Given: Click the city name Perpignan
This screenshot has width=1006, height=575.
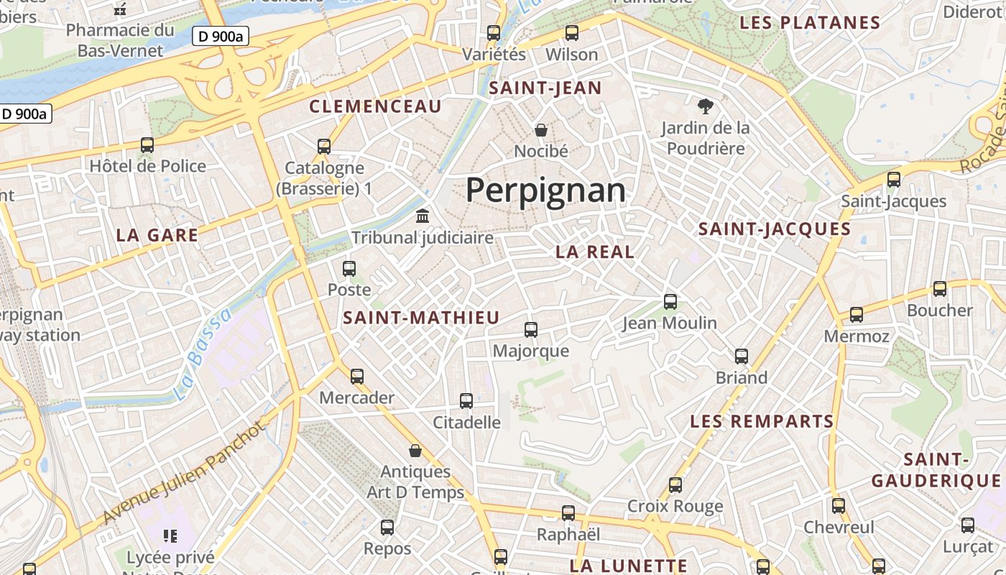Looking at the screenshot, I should [x=545, y=191].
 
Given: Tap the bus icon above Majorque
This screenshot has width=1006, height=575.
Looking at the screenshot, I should [x=531, y=330].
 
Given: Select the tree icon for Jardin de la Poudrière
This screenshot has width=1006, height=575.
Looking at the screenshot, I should [x=706, y=106].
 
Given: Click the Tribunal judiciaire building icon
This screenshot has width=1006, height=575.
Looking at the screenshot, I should [x=423, y=216].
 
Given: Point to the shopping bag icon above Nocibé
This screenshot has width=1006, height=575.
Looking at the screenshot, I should [x=541, y=130].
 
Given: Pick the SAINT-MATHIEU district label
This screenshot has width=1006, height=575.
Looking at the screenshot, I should [x=421, y=318].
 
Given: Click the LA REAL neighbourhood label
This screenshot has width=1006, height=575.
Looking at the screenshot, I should [x=595, y=252].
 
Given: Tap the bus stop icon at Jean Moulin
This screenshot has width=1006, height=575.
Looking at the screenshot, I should [x=670, y=302].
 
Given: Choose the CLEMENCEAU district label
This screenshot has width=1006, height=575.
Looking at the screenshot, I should [x=375, y=107].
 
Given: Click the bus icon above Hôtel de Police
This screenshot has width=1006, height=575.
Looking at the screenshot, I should [x=147, y=145].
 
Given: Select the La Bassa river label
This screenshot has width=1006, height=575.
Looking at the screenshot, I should [x=203, y=354].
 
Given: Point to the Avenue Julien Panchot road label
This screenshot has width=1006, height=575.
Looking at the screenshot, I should [x=183, y=472].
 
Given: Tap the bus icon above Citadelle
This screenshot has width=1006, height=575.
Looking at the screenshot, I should [x=466, y=401].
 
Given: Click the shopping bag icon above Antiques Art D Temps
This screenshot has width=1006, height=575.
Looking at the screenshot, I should [x=415, y=451].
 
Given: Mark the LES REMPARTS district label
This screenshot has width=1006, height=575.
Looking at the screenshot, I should [x=762, y=421].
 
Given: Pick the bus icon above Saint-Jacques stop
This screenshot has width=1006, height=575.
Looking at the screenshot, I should [x=894, y=180].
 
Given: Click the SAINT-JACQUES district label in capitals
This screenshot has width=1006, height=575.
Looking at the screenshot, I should [x=775, y=229].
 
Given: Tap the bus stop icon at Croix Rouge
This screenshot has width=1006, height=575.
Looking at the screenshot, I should [x=675, y=485].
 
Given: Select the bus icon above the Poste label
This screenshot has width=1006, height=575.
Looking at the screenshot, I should [x=349, y=269].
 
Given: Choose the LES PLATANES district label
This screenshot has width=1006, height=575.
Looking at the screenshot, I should [x=810, y=23].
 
